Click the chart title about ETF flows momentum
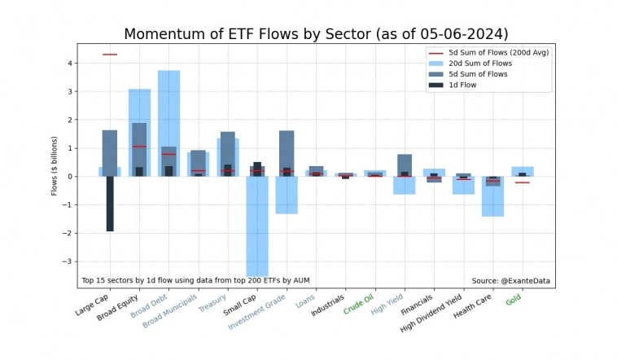point(316,33)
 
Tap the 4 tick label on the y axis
point(71,64)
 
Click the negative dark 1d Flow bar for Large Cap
point(110,204)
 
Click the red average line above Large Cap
point(110,55)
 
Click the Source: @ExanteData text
point(510,281)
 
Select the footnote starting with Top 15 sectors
point(195,281)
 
